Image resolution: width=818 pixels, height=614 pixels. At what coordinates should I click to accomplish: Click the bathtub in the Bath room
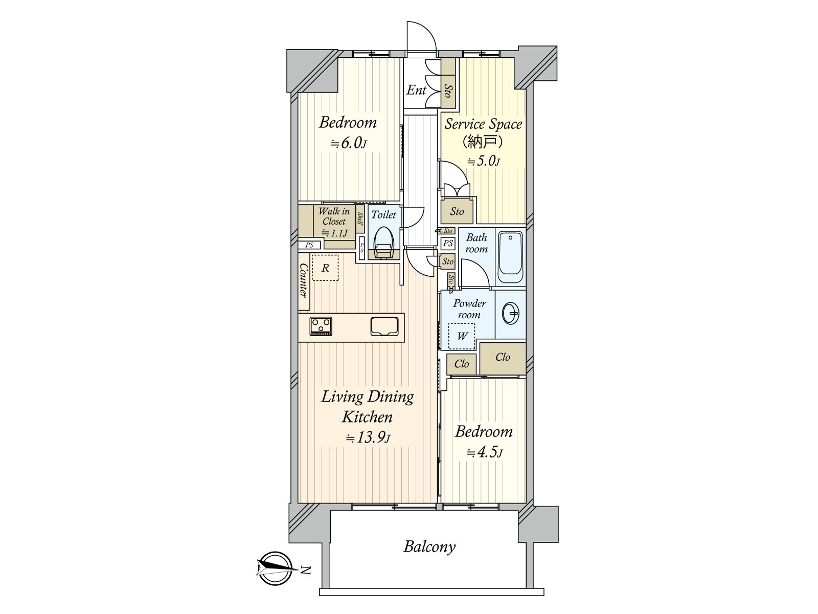click(510, 258)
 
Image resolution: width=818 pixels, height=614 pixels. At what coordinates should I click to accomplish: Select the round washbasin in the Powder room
click(510, 313)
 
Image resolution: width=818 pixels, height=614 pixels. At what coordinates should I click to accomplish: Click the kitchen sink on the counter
click(384, 326)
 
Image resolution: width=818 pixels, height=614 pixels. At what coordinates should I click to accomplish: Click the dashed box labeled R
click(325, 268)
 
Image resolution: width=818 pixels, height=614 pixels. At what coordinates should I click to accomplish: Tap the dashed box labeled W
click(462, 336)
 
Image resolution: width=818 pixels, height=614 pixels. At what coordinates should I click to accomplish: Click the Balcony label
click(429, 546)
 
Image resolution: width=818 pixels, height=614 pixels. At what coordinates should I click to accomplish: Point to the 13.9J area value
click(368, 438)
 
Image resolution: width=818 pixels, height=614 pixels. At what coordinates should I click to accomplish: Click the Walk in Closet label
click(334, 216)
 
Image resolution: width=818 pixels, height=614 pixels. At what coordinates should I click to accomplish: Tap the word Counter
click(303, 280)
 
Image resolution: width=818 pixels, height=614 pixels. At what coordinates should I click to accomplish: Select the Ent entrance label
click(416, 91)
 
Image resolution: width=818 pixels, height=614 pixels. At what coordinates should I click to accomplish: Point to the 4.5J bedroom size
click(484, 452)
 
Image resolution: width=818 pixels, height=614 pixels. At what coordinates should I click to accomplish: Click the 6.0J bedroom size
click(348, 143)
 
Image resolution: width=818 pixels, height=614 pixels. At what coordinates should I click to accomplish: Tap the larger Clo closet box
click(503, 357)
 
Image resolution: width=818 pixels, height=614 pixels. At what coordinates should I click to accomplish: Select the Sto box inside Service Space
click(457, 211)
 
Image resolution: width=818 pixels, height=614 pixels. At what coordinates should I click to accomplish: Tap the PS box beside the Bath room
click(448, 244)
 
